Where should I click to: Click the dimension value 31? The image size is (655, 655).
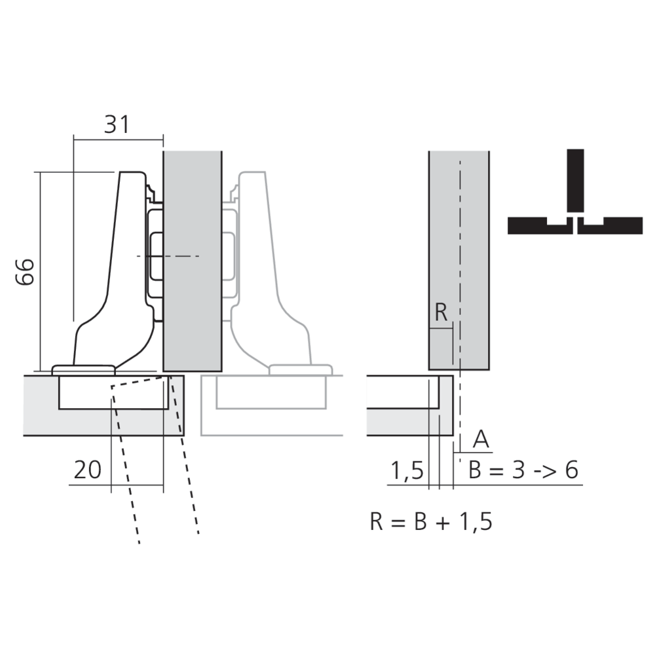point(117,124)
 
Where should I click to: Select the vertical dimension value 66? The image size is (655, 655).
point(25,271)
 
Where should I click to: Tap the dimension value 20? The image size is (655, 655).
point(87,470)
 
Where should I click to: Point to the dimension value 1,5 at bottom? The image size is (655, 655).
point(407,471)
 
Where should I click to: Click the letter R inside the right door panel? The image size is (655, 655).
point(441,313)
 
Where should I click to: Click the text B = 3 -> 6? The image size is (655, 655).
point(523,470)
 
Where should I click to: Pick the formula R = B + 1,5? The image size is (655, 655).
point(430,522)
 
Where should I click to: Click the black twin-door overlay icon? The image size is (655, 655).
point(575,196)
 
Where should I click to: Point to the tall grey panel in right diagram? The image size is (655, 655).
point(458,262)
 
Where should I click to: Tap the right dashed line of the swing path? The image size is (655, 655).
point(186,472)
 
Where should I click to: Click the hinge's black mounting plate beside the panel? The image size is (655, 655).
point(156,262)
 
